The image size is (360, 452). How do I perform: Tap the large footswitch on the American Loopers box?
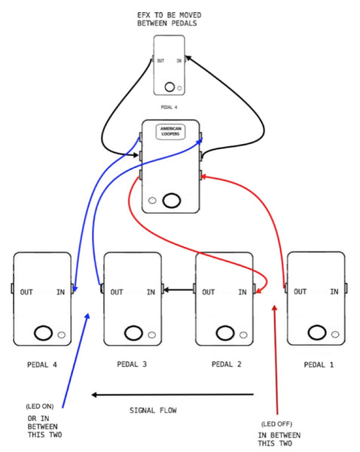[172, 200]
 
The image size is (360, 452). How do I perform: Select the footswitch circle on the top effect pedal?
[169, 86]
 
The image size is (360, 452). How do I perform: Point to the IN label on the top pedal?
[178, 61]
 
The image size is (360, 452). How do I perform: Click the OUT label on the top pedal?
[160, 61]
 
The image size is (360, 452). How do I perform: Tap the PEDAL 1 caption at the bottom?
[316, 365]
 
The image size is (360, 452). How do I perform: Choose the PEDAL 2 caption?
[226, 365]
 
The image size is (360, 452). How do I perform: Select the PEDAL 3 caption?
[133, 365]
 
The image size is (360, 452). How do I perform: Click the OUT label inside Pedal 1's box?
[300, 292]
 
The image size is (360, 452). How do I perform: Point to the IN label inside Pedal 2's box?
[243, 292]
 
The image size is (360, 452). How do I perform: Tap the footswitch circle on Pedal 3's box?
[133, 332]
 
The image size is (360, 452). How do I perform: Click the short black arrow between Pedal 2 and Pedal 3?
[178, 289]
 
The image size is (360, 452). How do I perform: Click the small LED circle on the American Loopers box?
[153, 201]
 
